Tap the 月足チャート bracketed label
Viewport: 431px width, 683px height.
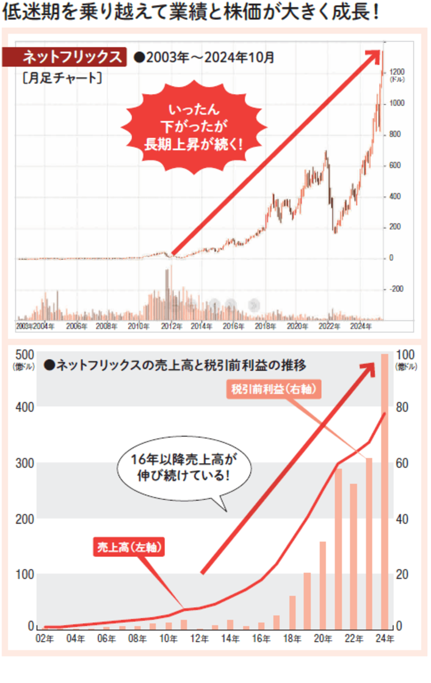pos(62,77)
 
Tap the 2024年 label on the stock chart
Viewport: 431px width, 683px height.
pos(360,326)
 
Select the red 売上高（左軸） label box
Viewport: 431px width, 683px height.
pos(129,548)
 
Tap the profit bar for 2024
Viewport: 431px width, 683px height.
pos(385,491)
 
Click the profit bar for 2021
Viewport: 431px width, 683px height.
pos(338,548)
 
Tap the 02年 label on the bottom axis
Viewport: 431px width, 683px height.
pos(45,638)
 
